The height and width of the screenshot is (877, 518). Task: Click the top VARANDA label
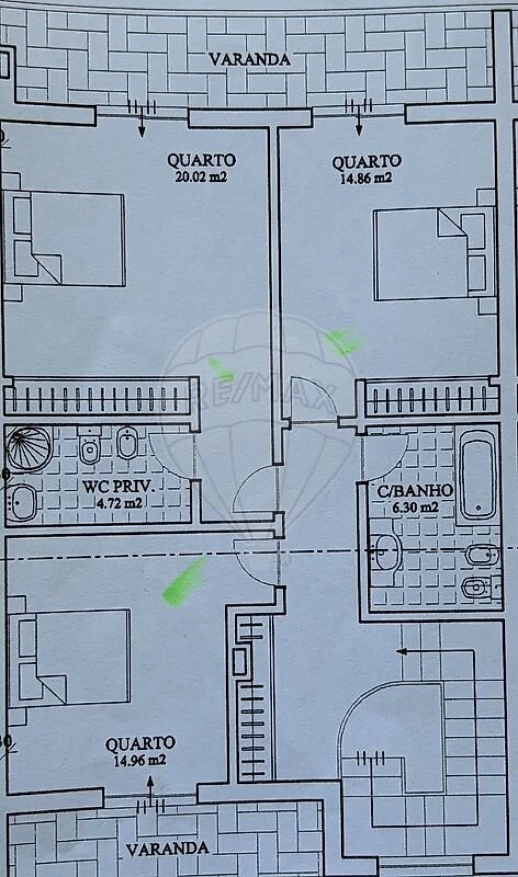[x=250, y=59]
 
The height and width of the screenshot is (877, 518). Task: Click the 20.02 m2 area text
[x=201, y=177]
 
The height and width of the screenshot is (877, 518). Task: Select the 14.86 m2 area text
[x=366, y=178]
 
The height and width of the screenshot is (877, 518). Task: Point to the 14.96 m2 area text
[x=140, y=760]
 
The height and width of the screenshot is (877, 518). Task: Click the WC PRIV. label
[x=119, y=487]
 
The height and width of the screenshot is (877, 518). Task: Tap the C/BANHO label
[x=415, y=491]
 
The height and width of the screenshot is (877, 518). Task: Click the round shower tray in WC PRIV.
[x=29, y=449]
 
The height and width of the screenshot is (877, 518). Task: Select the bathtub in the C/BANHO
[x=478, y=474]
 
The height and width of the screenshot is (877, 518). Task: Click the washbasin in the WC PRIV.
[x=22, y=503]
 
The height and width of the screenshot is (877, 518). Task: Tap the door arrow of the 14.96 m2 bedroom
[x=150, y=788]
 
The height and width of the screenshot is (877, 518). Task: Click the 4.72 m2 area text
[x=119, y=502]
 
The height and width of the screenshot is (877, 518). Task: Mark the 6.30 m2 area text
[x=415, y=507]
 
